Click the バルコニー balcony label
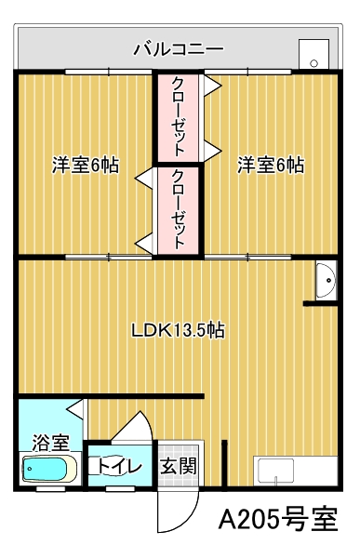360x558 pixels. pyautogui.click(x=179, y=49)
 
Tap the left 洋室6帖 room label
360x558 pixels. pyautogui.click(x=86, y=166)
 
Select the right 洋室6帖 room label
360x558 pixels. pyautogui.click(x=271, y=166)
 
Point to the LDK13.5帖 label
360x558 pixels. pyautogui.click(x=178, y=330)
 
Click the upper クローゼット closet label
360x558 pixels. pyautogui.click(x=179, y=116)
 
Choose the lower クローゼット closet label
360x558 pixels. pyautogui.click(x=179, y=209)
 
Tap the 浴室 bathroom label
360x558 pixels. pyautogui.click(x=51, y=443)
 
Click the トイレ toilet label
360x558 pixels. pyautogui.click(x=120, y=466)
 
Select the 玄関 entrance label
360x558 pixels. pyautogui.click(x=178, y=466)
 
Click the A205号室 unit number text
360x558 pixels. pyautogui.click(x=278, y=519)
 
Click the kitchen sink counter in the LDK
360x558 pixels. pyautogui.click(x=296, y=471)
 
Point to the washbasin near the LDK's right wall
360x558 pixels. pyautogui.click(x=326, y=280)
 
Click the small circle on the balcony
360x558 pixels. pyautogui.click(x=313, y=63)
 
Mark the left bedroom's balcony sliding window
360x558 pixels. pyautogui.click(x=109, y=72)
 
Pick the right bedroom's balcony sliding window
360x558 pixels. pyautogui.click(x=247, y=72)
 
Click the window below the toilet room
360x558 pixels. pyautogui.click(x=120, y=489)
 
